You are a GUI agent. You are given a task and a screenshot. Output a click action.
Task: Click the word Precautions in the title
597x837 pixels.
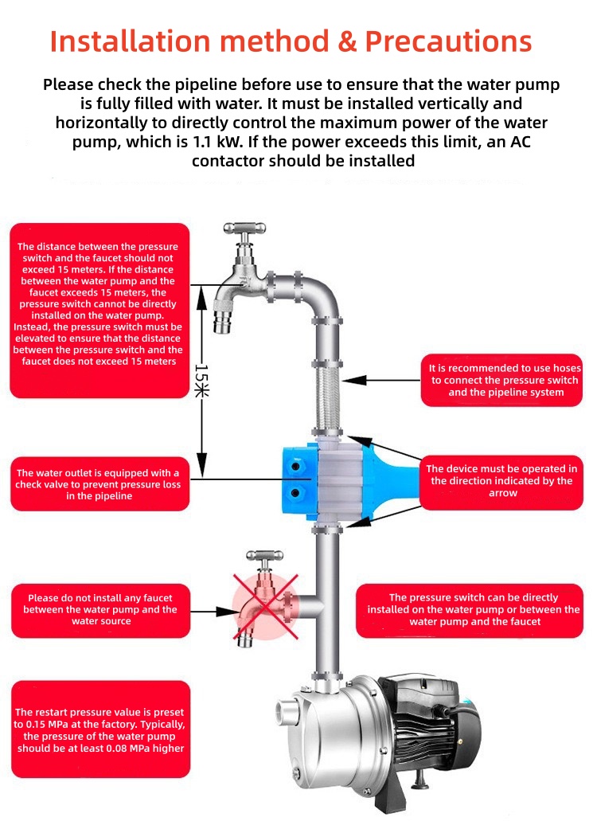[449, 41]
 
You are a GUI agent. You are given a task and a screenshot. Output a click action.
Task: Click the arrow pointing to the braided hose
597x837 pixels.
[382, 380]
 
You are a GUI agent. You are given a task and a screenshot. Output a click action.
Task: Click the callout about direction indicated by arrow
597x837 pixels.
[501, 481]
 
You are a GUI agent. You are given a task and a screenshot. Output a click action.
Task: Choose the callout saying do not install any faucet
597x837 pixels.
[99, 609]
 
